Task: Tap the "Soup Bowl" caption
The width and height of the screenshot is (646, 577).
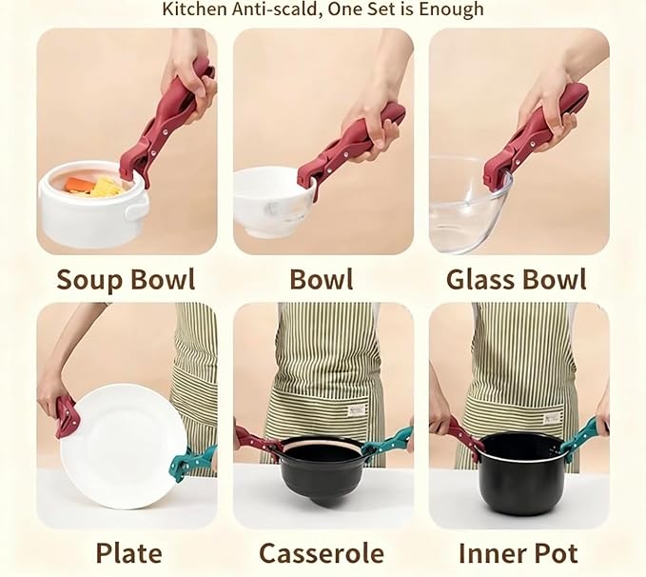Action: [126, 279]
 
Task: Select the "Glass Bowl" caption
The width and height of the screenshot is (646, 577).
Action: [517, 279]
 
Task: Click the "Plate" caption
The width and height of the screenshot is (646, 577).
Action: [128, 553]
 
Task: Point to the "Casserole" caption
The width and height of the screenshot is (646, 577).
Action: [323, 553]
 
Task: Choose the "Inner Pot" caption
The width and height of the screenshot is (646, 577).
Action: [519, 553]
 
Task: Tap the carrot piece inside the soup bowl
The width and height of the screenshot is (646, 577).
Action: [81, 185]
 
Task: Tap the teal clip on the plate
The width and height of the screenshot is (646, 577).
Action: [190, 463]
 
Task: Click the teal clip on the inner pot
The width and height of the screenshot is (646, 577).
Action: [579, 438]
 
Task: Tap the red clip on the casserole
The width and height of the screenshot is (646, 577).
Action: [257, 441]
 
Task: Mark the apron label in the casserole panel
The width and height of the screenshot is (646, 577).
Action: [357, 408]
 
